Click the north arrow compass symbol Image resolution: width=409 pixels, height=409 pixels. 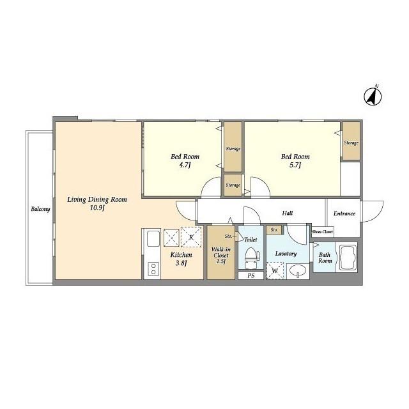pyautogui.click(x=373, y=96)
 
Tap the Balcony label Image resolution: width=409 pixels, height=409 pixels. pyautogui.click(x=40, y=209)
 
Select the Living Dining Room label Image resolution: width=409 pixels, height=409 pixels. pyautogui.click(x=97, y=199)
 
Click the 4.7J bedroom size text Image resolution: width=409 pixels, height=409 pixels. pyautogui.click(x=185, y=165)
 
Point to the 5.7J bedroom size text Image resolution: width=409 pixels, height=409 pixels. pyautogui.click(x=295, y=165)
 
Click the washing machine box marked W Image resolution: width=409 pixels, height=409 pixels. pyautogui.click(x=275, y=271)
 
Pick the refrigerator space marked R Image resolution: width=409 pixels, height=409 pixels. pyautogui.click(x=191, y=237)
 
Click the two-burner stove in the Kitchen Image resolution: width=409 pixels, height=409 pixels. pyautogui.click(x=153, y=268)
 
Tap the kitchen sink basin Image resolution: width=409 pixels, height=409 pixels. pyautogui.click(x=153, y=238)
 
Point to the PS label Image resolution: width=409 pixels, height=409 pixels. pyautogui.click(x=251, y=275)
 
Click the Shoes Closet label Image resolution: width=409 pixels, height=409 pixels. pyautogui.click(x=322, y=231)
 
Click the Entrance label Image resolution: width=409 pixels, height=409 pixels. pyautogui.click(x=344, y=213)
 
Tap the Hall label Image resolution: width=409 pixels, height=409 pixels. pyautogui.click(x=287, y=213)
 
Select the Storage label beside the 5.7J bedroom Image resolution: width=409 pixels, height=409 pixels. pyautogui.click(x=351, y=143)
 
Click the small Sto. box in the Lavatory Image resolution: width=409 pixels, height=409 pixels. pyautogui.click(x=274, y=230)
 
